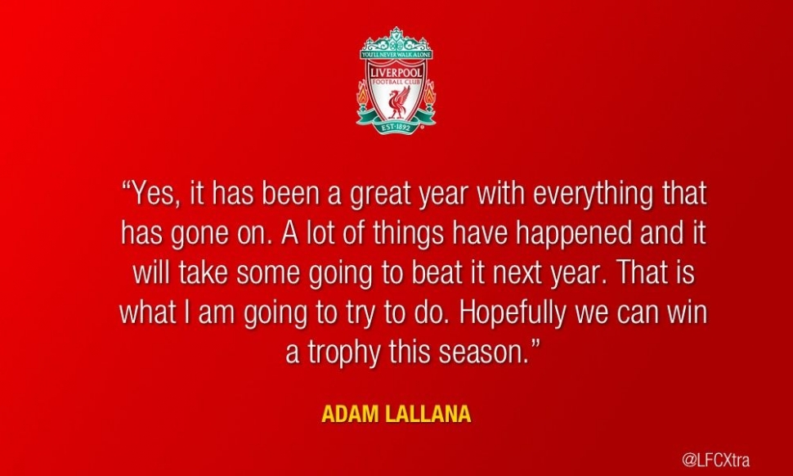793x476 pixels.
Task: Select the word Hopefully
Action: click(x=513, y=313)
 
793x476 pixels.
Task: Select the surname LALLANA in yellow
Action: click(x=428, y=415)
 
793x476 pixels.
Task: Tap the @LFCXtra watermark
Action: click(x=715, y=460)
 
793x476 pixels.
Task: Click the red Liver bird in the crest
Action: click(x=397, y=104)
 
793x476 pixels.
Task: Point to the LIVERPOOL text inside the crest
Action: click(x=396, y=74)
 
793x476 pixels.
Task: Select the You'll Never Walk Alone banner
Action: click(x=396, y=54)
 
